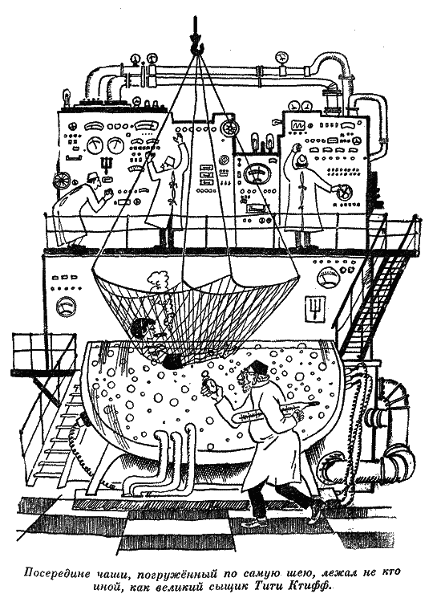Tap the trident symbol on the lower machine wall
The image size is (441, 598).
click(313, 307)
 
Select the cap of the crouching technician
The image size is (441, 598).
click(91, 177)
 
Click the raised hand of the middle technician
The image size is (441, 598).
click(178, 136)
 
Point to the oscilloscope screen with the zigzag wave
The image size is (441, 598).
click(297, 124)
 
